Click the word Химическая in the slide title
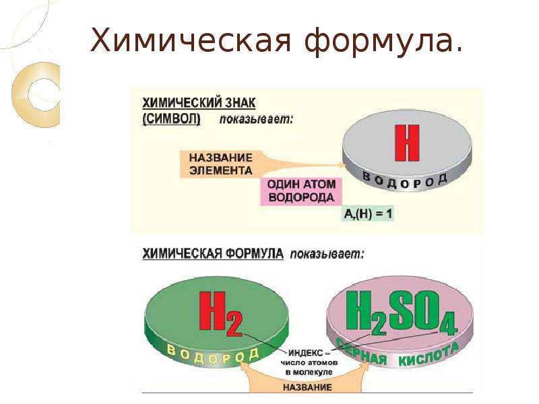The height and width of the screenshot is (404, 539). pos(191,40)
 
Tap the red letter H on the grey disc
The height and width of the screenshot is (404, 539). pos(408,143)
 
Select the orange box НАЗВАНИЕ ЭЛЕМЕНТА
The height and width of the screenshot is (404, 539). pos(220,164)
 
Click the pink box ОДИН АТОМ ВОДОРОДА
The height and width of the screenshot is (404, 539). pos(301,191)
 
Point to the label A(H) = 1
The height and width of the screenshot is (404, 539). pos(367,214)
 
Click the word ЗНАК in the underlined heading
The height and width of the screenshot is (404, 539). pos(241,103)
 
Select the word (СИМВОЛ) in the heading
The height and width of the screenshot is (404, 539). pos(171,119)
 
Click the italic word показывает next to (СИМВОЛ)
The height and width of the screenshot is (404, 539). pos(257,120)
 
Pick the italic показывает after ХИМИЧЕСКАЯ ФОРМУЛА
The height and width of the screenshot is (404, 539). pos(327,255)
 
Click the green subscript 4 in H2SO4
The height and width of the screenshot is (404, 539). pos(447,324)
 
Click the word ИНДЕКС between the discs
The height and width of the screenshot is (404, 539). pos(305,353)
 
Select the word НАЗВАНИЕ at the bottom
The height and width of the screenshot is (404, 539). pos(307,388)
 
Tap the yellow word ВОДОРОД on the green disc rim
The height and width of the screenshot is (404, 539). pos(212,356)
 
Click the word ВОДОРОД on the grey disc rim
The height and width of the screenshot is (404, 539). pos(405,180)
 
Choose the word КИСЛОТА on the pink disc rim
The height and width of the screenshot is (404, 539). pos(429,354)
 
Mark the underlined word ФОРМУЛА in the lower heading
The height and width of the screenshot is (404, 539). pos(255,254)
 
